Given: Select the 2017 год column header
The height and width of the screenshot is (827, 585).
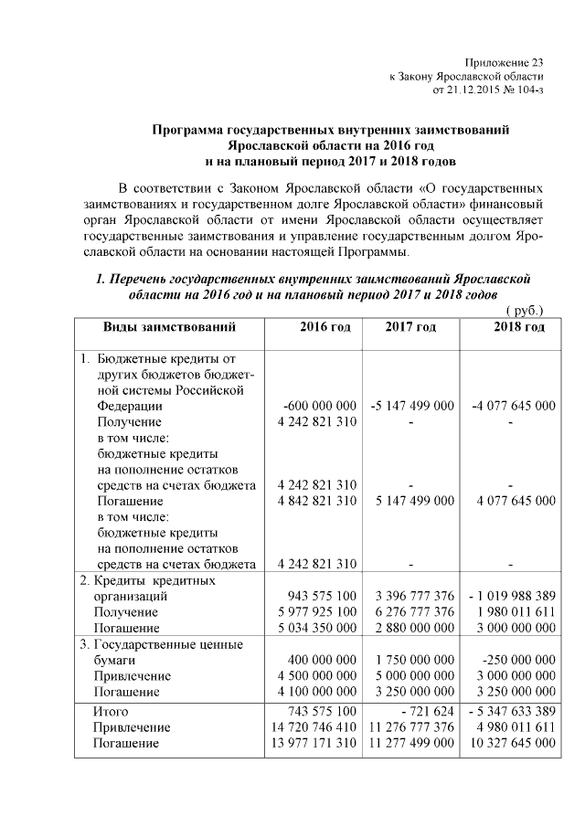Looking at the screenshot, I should tap(410, 327).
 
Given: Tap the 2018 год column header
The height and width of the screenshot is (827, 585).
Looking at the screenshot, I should tap(519, 327).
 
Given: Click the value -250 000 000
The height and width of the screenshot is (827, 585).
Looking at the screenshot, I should tap(518, 660).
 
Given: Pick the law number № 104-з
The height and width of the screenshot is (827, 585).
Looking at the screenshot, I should tap(521, 90).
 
